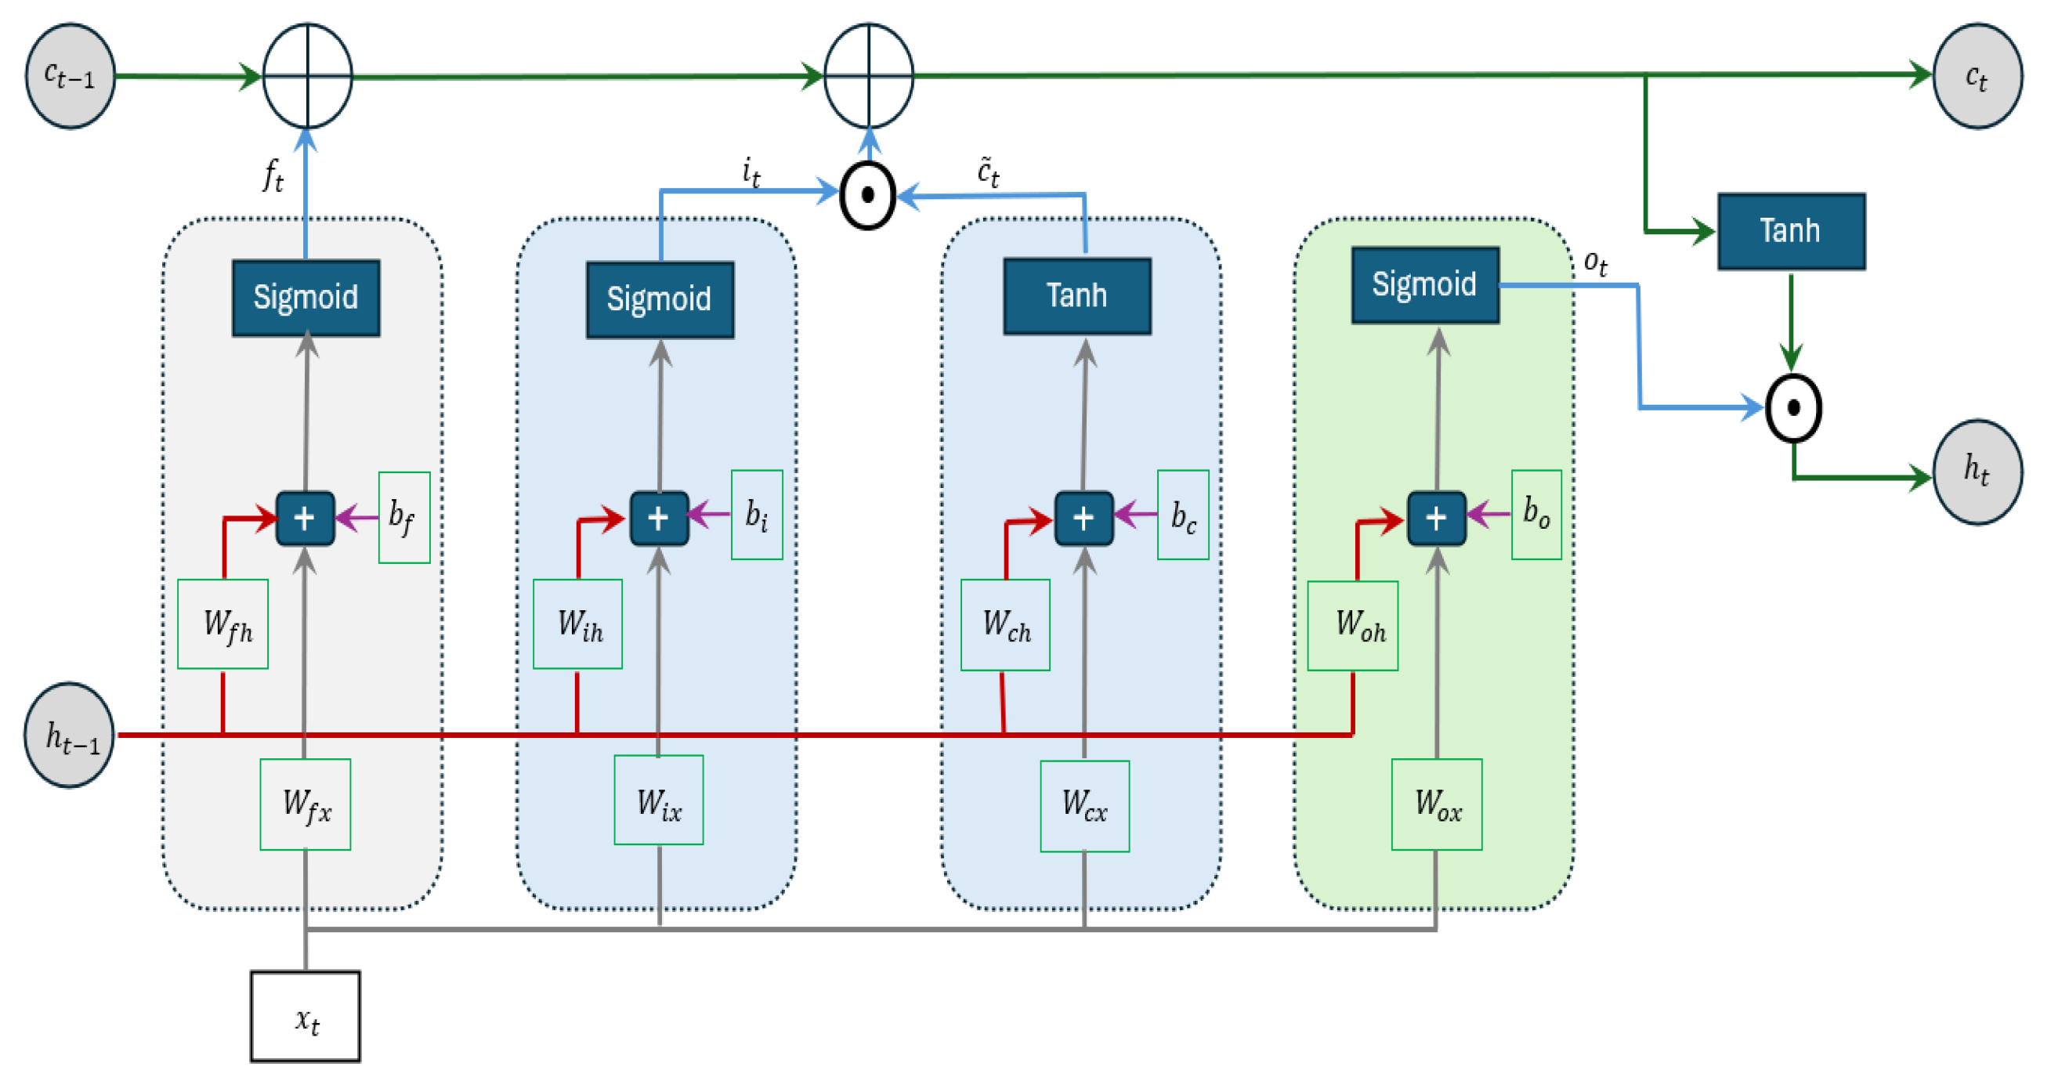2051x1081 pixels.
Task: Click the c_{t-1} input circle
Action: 70,76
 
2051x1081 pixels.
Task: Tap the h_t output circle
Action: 1977,472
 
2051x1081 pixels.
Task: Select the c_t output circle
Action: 1977,76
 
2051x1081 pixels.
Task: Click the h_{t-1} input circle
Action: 70,735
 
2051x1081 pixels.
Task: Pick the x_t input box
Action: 305,1016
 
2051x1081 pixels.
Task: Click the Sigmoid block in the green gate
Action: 1424,284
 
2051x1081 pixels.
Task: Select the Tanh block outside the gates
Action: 1791,231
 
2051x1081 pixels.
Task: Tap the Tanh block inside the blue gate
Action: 1076,295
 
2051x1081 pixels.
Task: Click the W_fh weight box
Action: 223,624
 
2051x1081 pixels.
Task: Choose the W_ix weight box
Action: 658,799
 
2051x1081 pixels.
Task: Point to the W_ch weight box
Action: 1005,624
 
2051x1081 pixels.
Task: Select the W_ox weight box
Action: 1436,804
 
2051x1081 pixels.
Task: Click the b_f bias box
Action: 403,517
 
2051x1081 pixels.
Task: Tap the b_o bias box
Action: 1536,514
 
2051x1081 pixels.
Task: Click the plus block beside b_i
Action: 658,519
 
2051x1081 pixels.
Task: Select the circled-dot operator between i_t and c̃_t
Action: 868,195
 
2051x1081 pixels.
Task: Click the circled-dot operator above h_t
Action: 1793,407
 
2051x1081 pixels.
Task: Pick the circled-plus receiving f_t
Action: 307,76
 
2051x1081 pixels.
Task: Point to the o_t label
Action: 1595,262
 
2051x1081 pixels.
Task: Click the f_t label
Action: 273,175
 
